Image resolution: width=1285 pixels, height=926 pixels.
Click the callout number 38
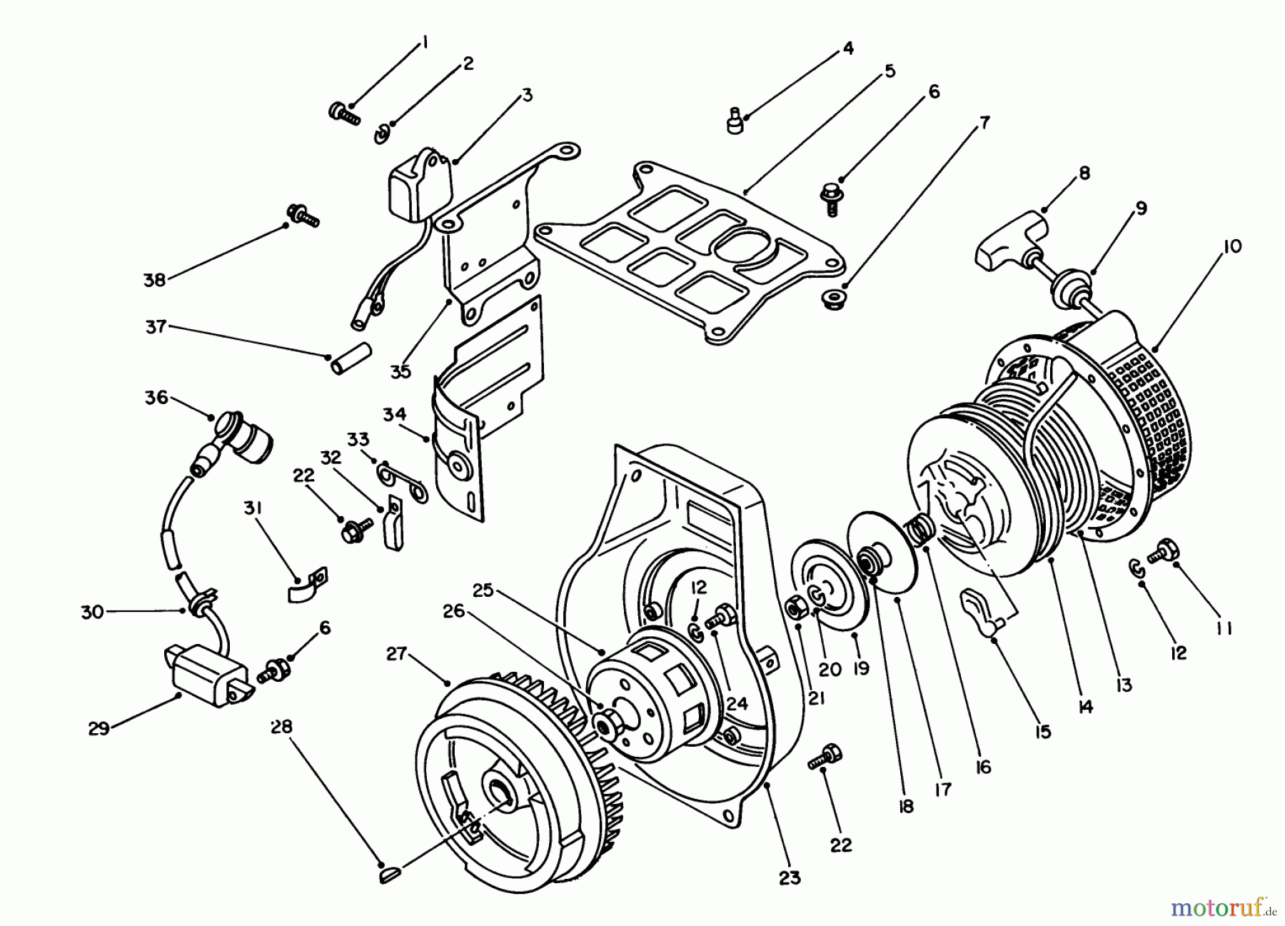pyautogui.click(x=154, y=279)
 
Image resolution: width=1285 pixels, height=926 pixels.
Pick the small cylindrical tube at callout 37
pyautogui.click(x=353, y=359)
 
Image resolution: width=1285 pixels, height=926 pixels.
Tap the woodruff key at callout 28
pyautogui.click(x=390, y=867)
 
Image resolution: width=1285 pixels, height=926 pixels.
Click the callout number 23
pyautogui.click(x=790, y=877)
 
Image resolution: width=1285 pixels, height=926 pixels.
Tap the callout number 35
pyautogui.click(x=400, y=371)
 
